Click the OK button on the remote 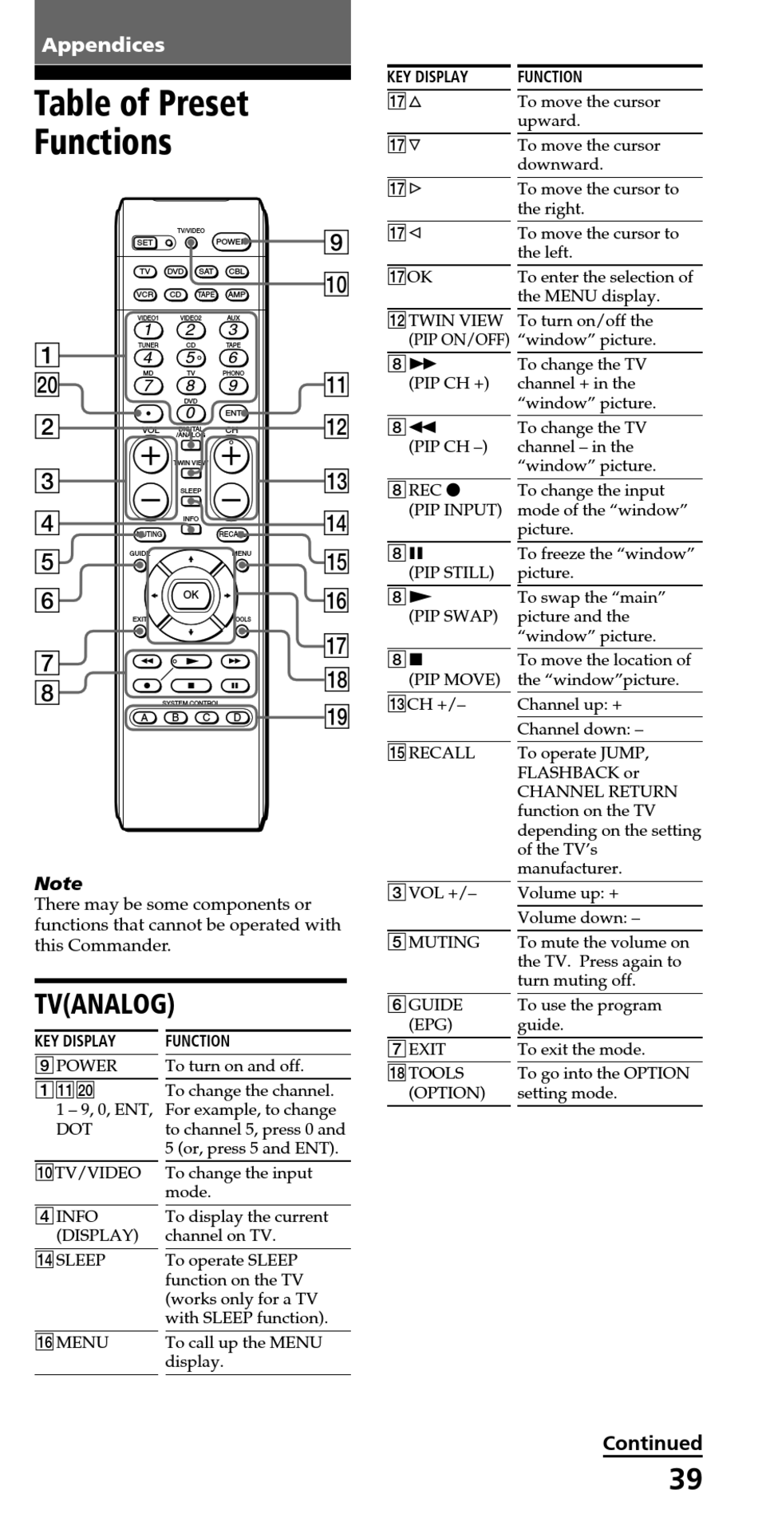click(191, 595)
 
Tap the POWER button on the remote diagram click(231, 242)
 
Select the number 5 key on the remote click(191, 358)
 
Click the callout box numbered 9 click(337, 242)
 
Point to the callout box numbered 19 click(337, 716)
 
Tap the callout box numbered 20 click(47, 385)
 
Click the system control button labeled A click(144, 718)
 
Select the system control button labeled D click(237, 718)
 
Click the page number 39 click(685, 1480)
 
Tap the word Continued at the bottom click(653, 1443)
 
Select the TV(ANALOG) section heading click(105, 1004)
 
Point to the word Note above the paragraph click(58, 884)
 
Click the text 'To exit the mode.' click(581, 1050)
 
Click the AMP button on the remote click(237, 294)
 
